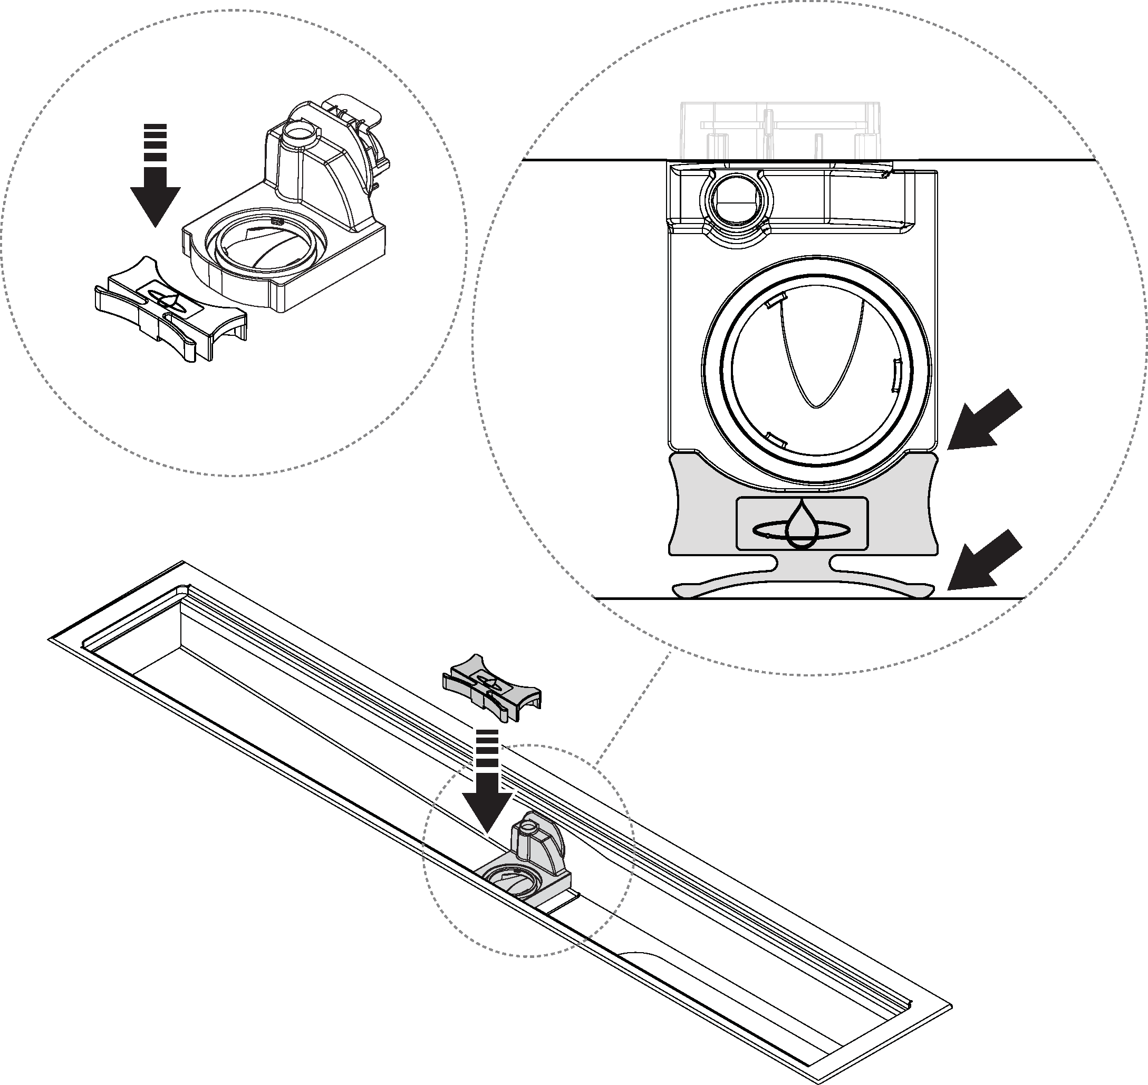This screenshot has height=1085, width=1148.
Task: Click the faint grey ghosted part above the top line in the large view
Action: click(781, 130)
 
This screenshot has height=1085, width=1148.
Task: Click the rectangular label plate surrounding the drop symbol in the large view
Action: click(752, 524)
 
